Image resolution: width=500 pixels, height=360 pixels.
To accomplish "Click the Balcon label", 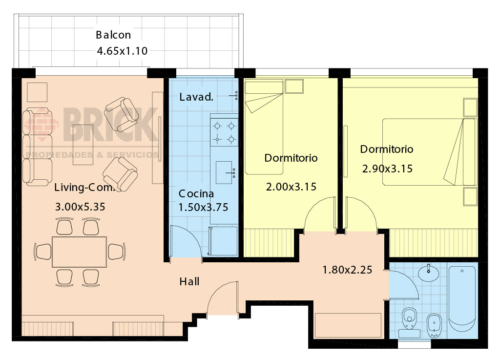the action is pyautogui.click(x=113, y=35).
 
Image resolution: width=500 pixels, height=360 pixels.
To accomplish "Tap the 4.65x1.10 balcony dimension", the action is pyautogui.click(x=122, y=51).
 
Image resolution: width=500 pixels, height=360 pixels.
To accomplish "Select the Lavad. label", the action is pyautogui.click(x=196, y=97).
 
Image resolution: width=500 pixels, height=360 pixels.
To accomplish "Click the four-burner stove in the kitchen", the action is pyautogui.click(x=224, y=132).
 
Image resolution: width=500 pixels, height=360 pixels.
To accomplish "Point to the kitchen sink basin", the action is pyautogui.click(x=224, y=172).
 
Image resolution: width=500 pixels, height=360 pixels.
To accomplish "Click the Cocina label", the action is pyautogui.click(x=196, y=193).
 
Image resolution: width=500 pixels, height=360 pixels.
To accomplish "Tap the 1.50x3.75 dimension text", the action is pyautogui.click(x=203, y=208).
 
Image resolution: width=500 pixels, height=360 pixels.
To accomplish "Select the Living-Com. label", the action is pyautogui.click(x=84, y=187).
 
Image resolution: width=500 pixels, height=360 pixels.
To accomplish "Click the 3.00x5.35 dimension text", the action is pyautogui.click(x=80, y=207).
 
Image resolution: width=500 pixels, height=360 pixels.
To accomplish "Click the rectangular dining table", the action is pyautogui.click(x=80, y=252).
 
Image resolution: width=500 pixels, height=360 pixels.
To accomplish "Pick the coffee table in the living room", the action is pyautogui.click(x=83, y=145).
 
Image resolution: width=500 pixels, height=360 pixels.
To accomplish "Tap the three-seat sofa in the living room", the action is pyautogui.click(x=37, y=147).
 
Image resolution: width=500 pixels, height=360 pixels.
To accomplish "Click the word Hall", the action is pyautogui.click(x=189, y=281).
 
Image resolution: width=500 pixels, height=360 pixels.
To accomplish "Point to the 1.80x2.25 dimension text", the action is pyautogui.click(x=347, y=270).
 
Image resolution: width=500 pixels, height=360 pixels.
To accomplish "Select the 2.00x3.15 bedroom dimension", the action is pyautogui.click(x=291, y=187).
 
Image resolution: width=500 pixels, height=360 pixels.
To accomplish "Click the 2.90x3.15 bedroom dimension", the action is pyautogui.click(x=387, y=169).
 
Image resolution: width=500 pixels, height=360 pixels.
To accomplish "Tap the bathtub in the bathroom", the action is pyautogui.click(x=462, y=300).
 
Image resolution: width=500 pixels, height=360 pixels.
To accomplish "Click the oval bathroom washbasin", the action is pyautogui.click(x=428, y=273).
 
